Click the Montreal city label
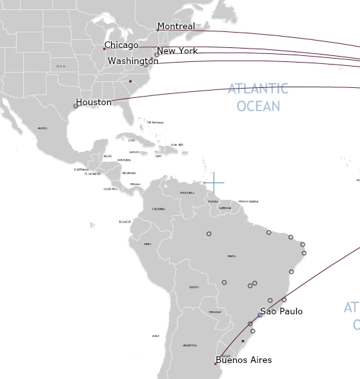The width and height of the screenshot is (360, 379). click(x=176, y=27)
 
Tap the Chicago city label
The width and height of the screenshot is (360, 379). click(x=122, y=45)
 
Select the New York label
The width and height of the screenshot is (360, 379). click(x=178, y=51)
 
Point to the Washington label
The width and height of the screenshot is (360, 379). click(x=133, y=61)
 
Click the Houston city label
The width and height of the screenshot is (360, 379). click(x=94, y=103)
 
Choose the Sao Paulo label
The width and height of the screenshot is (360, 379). click(x=281, y=311)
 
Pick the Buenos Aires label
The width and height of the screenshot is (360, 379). click(x=244, y=360)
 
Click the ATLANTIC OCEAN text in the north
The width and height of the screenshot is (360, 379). click(x=258, y=97)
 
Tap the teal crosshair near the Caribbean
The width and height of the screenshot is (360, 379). click(x=214, y=182)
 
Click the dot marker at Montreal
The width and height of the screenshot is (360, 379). click(x=158, y=29)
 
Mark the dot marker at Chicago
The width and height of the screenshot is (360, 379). click(x=104, y=48)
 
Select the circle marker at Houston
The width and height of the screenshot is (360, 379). click(x=76, y=106)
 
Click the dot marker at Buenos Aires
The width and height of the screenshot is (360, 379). click(x=216, y=364)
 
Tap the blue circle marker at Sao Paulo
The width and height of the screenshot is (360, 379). click(x=260, y=315)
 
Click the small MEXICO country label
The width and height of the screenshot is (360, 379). click(x=43, y=129)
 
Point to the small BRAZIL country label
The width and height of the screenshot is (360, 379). click(x=232, y=256)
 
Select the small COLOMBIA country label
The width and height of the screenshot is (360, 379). click(x=158, y=209)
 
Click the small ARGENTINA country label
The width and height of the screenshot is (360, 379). click(x=190, y=345)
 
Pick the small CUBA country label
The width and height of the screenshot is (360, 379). click(x=131, y=141)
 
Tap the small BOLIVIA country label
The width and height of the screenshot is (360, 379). click(x=194, y=287)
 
